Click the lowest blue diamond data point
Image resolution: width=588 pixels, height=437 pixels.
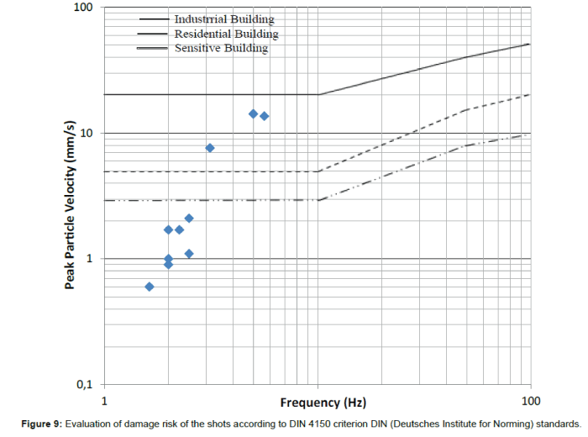pos(150,287)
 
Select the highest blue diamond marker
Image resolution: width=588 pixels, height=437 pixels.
pos(253,113)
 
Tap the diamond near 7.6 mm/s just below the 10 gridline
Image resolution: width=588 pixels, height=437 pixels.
pos(210,148)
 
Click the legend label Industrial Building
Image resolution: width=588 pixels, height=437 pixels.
pos(223,18)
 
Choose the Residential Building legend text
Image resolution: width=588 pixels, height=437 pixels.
pos(226,34)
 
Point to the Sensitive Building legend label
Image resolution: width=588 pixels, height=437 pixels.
pos(221,49)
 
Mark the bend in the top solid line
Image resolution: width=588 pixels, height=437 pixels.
pos(318,94)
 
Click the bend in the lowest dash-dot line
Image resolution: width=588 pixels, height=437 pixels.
pos(318,200)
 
